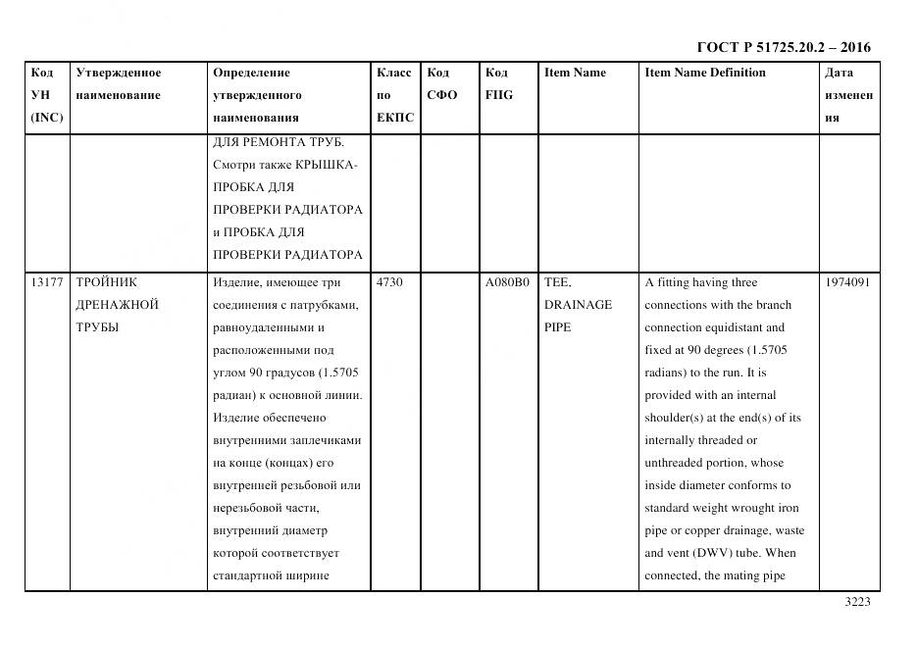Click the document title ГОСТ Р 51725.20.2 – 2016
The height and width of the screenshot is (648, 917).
point(783,47)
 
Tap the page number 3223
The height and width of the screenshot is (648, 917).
point(857,603)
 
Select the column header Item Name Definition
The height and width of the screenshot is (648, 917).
point(704,73)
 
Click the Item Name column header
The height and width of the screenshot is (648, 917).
point(575,73)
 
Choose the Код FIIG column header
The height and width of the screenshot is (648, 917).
point(498,84)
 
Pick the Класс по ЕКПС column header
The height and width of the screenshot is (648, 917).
point(394,95)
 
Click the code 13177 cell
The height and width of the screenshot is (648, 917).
point(47,282)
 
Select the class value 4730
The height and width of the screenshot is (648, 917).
point(389,282)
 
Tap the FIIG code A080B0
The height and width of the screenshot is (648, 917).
point(507,282)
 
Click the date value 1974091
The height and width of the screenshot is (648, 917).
point(849,282)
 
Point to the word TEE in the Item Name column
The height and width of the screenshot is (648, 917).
point(557,282)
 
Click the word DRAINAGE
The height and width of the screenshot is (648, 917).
point(578,305)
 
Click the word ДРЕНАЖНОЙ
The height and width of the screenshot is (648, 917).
point(117,305)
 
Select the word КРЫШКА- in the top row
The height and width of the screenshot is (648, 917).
point(328,165)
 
